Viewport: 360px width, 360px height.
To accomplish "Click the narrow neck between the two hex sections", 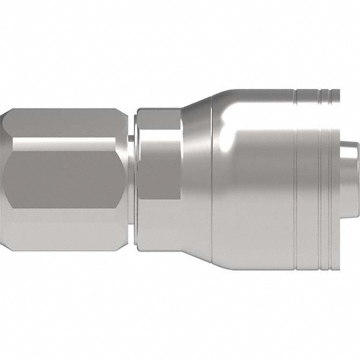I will tap(131, 180).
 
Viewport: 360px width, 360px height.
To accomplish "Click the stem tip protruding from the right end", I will tap(349, 180).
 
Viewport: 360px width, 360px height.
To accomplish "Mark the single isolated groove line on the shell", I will tap(295, 180).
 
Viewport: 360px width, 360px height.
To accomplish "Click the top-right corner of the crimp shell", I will tap(337, 92).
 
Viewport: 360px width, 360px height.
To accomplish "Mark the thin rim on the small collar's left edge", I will tap(138, 180).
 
